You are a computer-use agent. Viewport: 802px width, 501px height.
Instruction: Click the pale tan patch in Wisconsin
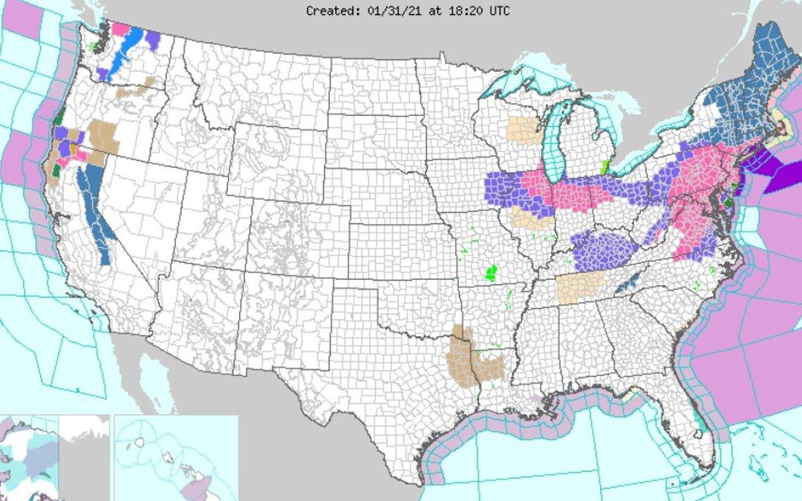click(524, 129)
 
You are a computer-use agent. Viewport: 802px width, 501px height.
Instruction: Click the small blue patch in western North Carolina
click(627, 281)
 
